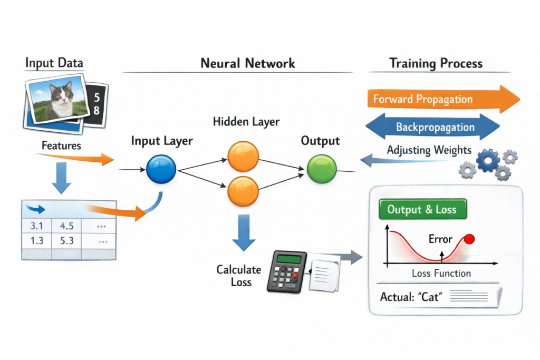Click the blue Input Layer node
click(160, 170)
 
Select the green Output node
click(321, 170)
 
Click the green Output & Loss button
click(423, 209)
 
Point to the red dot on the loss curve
click(469, 239)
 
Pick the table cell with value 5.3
click(66, 241)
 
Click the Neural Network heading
click(247, 64)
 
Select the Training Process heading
click(436, 64)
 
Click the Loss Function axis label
click(441, 273)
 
